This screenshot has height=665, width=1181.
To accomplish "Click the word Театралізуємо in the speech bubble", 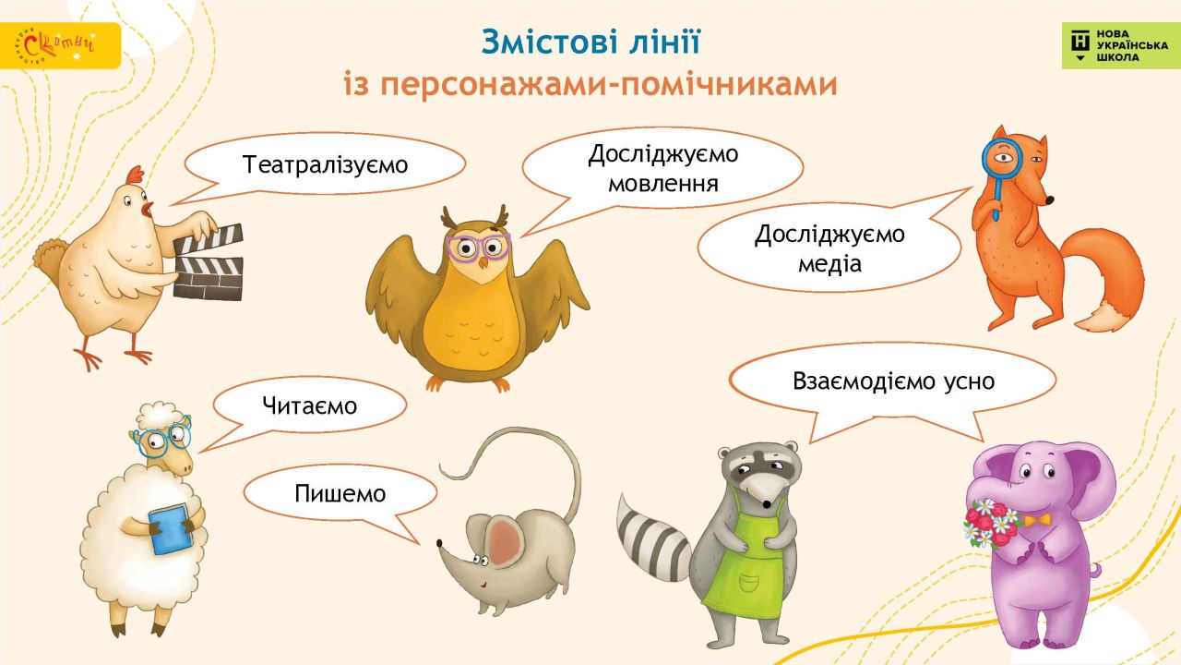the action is click(326, 164).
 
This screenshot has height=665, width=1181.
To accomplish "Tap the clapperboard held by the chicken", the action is click(209, 262).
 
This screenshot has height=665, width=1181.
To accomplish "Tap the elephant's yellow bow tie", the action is click(1038, 520).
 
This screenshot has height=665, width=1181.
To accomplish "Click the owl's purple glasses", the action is click(479, 247).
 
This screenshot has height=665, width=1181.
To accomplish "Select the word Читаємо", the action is click(309, 405).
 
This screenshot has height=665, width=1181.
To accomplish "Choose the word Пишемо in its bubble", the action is click(340, 494).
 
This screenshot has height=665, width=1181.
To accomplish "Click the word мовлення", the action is click(663, 184).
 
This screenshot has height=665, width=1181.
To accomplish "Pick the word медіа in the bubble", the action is click(829, 263).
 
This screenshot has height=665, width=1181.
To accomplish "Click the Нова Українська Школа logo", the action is click(1120, 45).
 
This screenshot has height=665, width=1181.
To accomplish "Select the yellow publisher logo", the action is click(60, 45).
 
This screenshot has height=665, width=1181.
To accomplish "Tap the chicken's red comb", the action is click(136, 175).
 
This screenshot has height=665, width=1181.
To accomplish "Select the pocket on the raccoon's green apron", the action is click(748, 583).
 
